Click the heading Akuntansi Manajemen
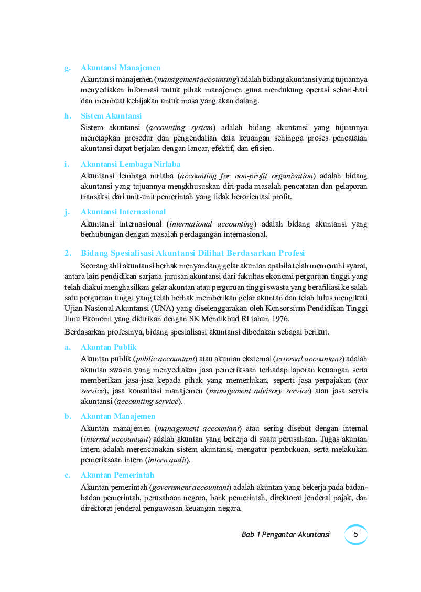pos(121,68)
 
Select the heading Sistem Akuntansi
pos(111,116)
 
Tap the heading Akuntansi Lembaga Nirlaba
pos(131,164)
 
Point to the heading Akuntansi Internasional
pos(123,212)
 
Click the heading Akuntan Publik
pos(109,347)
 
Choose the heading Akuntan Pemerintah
pos(117,475)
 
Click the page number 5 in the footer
pos(356,534)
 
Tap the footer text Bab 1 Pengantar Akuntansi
pos(285,534)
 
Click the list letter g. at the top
pos(68,68)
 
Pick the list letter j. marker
pos(67,212)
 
